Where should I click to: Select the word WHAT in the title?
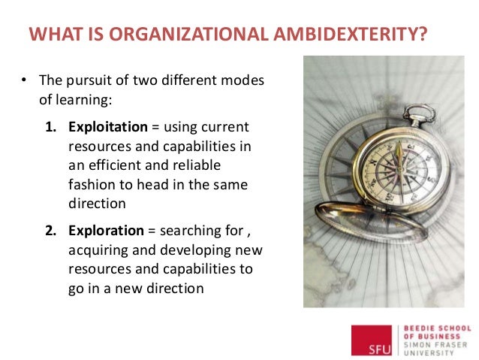pos(53,35)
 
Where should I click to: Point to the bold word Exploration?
pos(106,230)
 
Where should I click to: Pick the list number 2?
pos(51,230)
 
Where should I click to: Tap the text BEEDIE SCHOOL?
pos(438,328)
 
